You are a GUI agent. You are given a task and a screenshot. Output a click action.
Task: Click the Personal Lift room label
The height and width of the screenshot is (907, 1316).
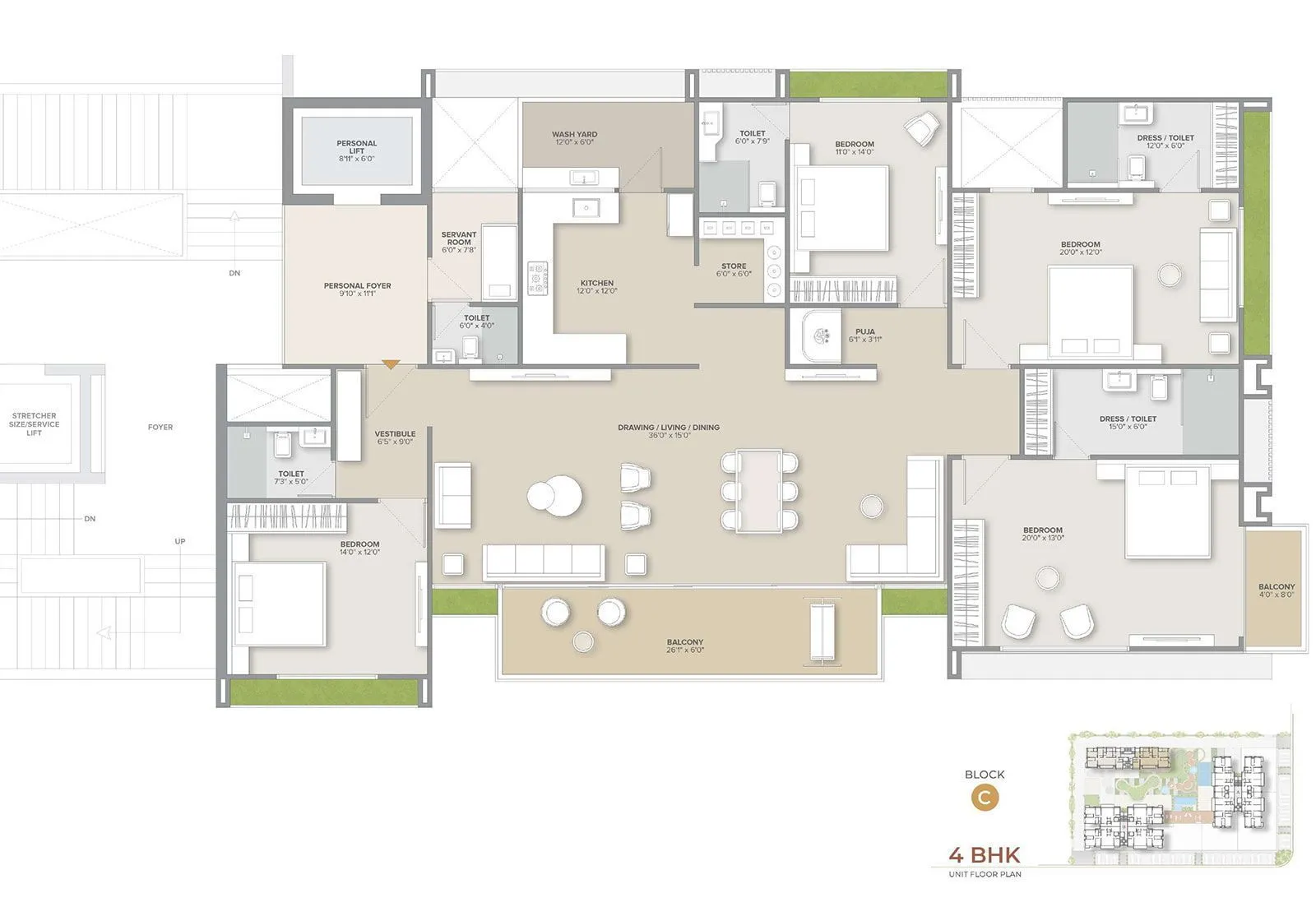356,150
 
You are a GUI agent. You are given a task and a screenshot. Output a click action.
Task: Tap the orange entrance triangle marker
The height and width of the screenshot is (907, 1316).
391,363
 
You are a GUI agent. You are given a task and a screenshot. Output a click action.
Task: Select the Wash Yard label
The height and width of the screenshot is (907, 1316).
574,137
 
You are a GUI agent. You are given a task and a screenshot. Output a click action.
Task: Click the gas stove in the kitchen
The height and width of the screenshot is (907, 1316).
538,278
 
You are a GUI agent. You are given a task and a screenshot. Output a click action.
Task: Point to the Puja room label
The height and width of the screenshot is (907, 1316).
864,335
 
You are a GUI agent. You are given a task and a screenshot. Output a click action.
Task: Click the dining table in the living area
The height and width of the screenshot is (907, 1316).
758,490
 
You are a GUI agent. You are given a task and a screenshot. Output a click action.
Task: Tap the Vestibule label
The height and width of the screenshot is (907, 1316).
395,437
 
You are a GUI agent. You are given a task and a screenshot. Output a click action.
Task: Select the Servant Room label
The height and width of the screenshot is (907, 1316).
459,241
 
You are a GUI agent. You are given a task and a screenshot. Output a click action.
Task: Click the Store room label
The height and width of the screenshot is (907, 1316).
734,269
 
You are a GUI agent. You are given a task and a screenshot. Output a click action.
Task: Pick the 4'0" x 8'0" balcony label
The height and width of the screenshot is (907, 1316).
1276,590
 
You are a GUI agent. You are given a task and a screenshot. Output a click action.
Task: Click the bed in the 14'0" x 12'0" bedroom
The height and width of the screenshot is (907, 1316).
280,604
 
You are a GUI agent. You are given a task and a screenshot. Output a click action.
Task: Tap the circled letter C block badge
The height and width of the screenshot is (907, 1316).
985,798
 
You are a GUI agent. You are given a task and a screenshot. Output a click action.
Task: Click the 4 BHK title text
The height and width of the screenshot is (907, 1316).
984,854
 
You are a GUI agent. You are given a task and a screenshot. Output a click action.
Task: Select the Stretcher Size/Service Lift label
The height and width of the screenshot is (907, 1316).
34,423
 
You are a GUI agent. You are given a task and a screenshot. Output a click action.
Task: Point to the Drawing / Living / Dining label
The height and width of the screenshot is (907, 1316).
669,430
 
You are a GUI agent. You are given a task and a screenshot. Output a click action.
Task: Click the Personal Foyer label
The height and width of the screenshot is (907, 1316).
357,289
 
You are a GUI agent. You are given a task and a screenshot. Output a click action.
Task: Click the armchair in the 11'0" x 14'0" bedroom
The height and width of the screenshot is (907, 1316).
921,127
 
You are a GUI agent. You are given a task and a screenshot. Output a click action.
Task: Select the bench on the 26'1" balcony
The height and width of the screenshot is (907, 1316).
822,631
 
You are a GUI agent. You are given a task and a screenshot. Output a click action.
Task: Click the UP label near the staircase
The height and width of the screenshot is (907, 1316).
180,541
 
